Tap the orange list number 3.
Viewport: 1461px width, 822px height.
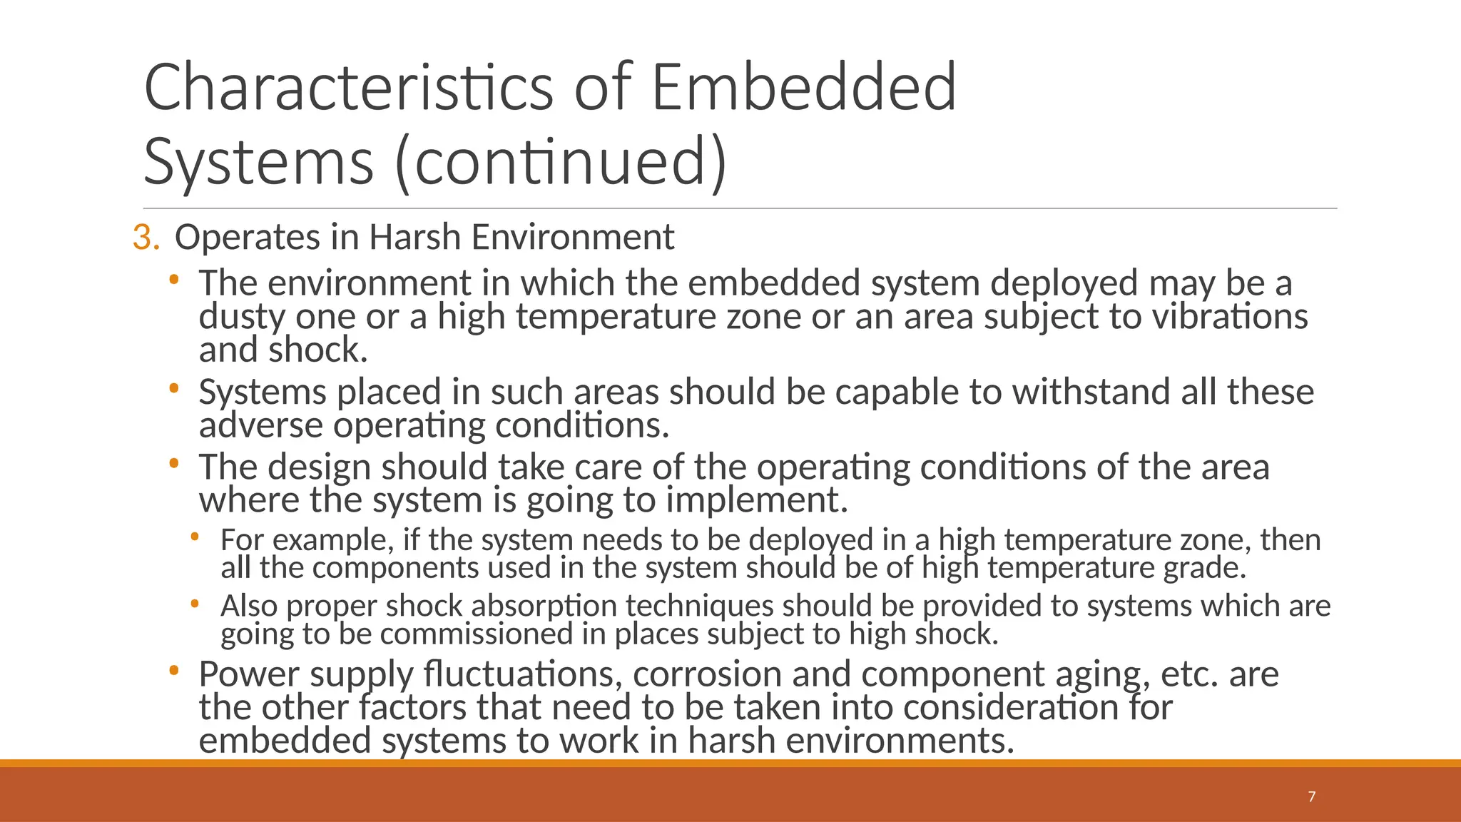tap(146, 238)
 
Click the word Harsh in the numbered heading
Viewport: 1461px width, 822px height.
tap(415, 238)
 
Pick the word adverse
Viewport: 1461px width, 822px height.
tap(260, 425)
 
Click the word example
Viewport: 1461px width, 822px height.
tap(333, 540)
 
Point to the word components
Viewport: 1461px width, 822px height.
tap(395, 568)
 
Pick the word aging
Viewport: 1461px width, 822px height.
tap(1102, 675)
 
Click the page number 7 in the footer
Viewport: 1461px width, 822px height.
tap(1311, 797)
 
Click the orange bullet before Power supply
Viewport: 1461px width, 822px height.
tap(174, 671)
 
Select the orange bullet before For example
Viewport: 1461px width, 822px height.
tap(195, 537)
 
